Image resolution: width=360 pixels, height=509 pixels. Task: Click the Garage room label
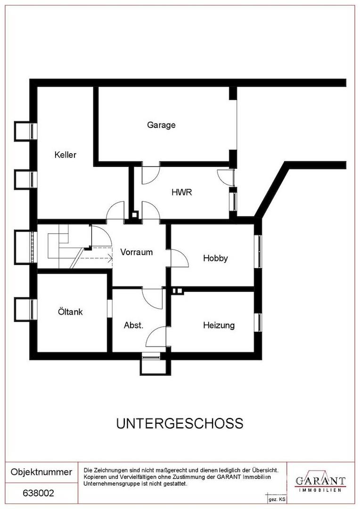[x=161, y=125]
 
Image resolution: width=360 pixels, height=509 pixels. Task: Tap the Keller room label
[x=65, y=155]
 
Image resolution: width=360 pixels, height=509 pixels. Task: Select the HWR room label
[x=181, y=192]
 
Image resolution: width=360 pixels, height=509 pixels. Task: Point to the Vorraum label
[x=136, y=252]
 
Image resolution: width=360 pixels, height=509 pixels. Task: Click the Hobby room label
[x=215, y=258]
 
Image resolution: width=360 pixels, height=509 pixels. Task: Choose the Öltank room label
[x=70, y=312]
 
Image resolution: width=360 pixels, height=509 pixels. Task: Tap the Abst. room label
[x=133, y=325]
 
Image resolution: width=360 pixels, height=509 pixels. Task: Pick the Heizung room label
[x=219, y=325]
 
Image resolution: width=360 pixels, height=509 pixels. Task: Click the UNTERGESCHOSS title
[x=180, y=423]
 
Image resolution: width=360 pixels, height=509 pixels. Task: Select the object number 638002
[x=39, y=493]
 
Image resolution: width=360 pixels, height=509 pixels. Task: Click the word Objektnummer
[x=41, y=472]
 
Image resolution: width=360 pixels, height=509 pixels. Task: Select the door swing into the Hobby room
[x=179, y=258]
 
